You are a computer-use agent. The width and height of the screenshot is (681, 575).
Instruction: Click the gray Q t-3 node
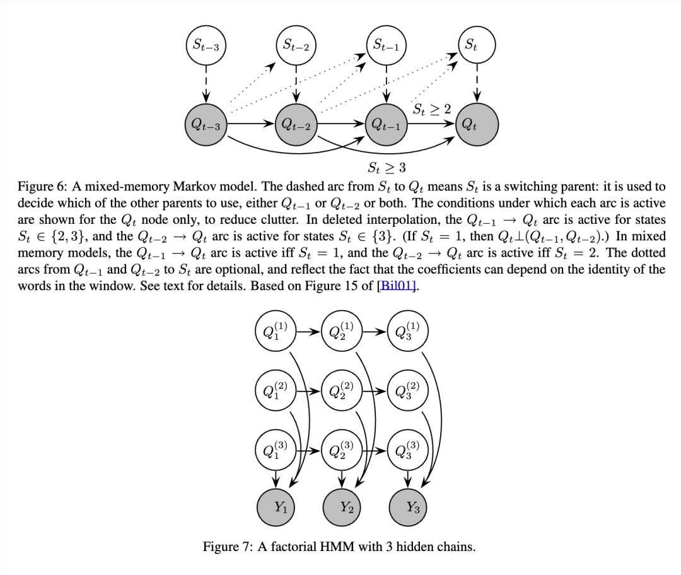click(x=206, y=125)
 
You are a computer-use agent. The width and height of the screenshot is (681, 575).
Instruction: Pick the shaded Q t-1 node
click(x=387, y=125)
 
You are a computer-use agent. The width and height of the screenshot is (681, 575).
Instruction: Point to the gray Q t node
click(x=477, y=125)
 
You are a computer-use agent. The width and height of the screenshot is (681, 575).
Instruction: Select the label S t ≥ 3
click(x=387, y=168)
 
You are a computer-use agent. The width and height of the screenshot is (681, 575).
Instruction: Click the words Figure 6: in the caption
click(x=42, y=187)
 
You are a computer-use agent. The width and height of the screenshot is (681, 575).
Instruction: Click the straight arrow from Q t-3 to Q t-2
click(x=251, y=125)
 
